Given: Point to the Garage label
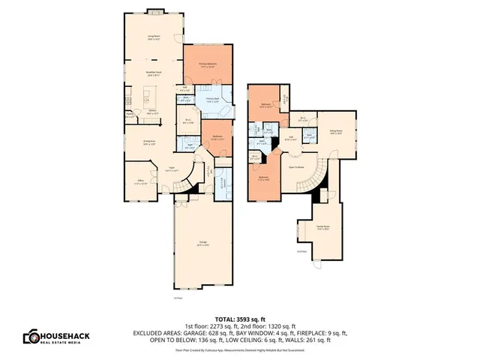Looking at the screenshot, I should click(x=202, y=242).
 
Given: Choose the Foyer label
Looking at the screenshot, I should click(x=171, y=169).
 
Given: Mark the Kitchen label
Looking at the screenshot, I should click(x=151, y=112).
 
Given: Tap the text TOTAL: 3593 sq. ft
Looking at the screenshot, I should click(x=239, y=318).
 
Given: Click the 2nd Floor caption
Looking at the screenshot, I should click(x=301, y=251).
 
